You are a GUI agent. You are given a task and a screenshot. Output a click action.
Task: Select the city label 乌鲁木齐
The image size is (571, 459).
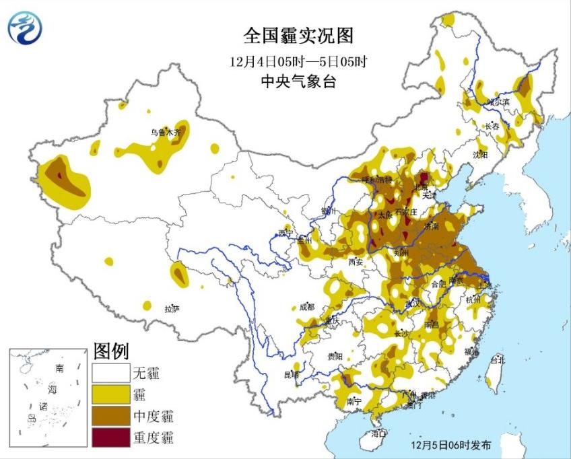[x=166, y=133]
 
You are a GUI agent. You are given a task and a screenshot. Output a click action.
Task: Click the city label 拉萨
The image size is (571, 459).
[x=172, y=309]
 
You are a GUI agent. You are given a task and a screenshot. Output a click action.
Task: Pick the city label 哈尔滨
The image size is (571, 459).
[x=500, y=102]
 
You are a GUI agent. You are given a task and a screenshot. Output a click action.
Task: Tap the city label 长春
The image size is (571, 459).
[x=492, y=126]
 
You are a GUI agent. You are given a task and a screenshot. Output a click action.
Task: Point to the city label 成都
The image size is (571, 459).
[x=306, y=307]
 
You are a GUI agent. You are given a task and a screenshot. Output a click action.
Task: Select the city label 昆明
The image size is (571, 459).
[x=291, y=374]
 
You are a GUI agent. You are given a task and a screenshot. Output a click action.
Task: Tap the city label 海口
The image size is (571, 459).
[x=378, y=433]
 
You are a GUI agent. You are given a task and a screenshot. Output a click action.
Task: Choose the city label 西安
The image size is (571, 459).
[x=356, y=262]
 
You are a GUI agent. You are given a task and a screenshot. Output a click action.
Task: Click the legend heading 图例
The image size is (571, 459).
[x=110, y=351]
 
